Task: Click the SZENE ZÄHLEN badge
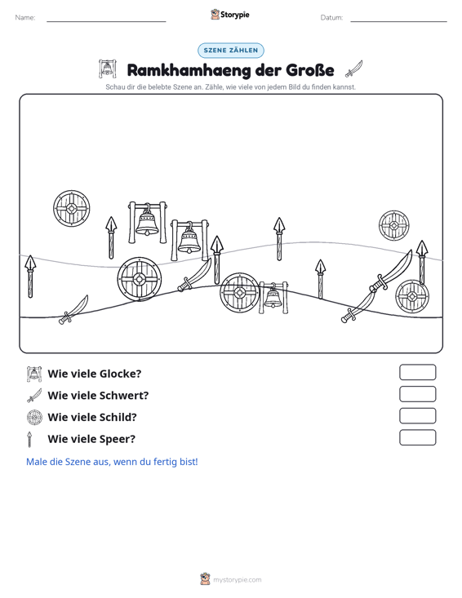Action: click(230, 51)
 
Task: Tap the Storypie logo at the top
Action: click(230, 15)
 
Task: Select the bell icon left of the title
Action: click(107, 69)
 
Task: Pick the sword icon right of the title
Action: click(353, 69)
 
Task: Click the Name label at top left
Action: click(25, 18)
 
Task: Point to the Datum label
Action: click(331, 18)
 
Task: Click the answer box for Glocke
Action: click(417, 372)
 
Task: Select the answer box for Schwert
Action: click(417, 394)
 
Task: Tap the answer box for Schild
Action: click(417, 416)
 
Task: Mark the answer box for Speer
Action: click(417, 437)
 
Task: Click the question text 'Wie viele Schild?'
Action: click(92, 417)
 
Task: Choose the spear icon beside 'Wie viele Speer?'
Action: click(29, 439)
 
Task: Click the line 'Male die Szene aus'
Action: click(112, 462)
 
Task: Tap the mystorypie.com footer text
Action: click(237, 580)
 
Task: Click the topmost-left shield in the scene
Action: click(71, 208)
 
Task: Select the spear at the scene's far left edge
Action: click(30, 277)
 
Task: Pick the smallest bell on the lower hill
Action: click(273, 298)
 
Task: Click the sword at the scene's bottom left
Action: click(73, 310)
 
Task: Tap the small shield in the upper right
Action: click(394, 225)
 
